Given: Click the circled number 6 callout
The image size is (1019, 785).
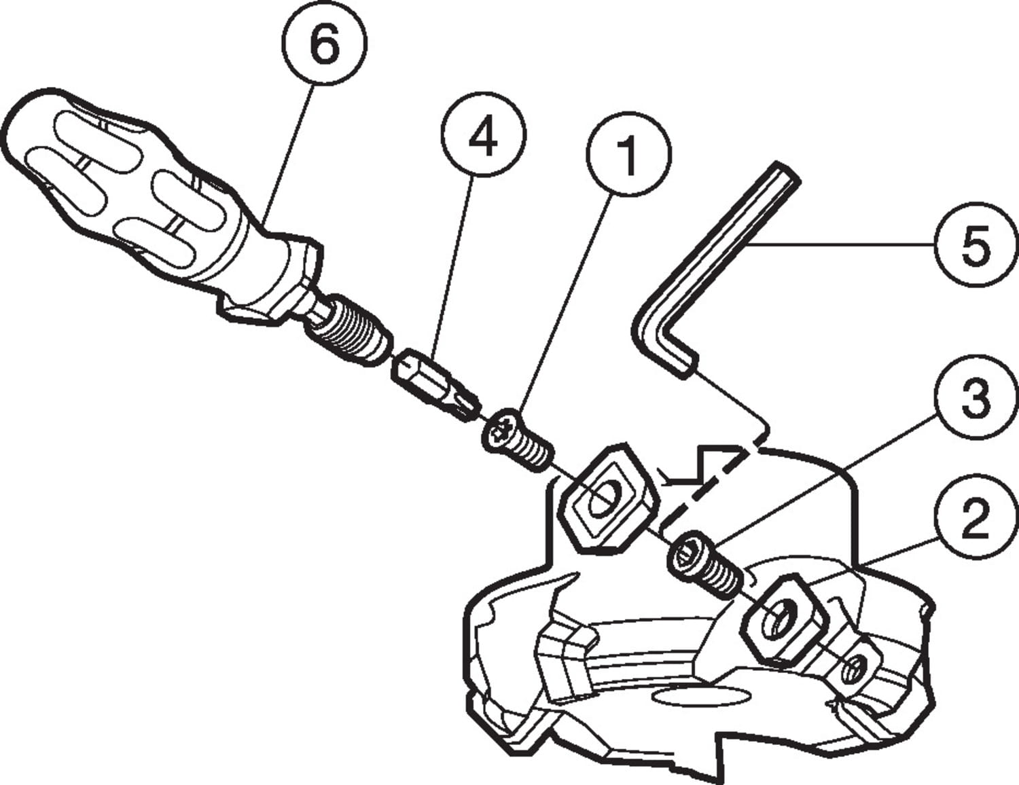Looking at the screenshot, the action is pos(325,43).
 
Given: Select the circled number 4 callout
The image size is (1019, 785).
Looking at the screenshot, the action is pos(484,134).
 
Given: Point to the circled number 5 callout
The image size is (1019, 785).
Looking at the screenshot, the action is pos(976,244).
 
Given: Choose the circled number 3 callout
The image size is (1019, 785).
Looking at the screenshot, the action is pos(976,398).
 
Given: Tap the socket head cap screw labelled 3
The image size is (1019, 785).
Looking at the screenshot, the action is pos(705,567).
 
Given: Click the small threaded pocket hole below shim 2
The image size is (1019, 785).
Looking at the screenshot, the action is pos(858,665).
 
